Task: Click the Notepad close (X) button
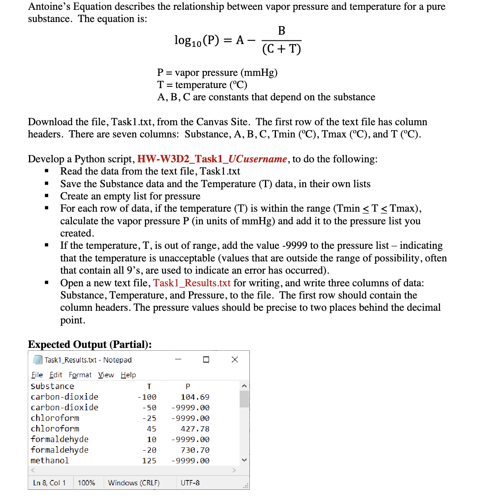[235, 359]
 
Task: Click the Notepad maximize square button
[206, 359]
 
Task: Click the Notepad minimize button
[178, 359]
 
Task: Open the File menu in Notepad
[37, 375]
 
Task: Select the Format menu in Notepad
[80, 375]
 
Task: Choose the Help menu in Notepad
[128, 375]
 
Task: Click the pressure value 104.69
[195, 397]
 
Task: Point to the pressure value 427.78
[195, 429]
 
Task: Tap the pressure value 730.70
[195, 450]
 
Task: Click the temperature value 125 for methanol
[149, 460]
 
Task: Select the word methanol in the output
[50, 460]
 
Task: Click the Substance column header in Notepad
[52, 386]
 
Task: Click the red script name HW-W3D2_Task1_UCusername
[212, 159]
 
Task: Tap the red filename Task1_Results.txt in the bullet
[191, 283]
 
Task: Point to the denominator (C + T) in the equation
[281, 49]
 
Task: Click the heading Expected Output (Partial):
[90, 345]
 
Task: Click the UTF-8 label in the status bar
[190, 483]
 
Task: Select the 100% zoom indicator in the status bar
[86, 483]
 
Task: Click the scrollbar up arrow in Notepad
[244, 386]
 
